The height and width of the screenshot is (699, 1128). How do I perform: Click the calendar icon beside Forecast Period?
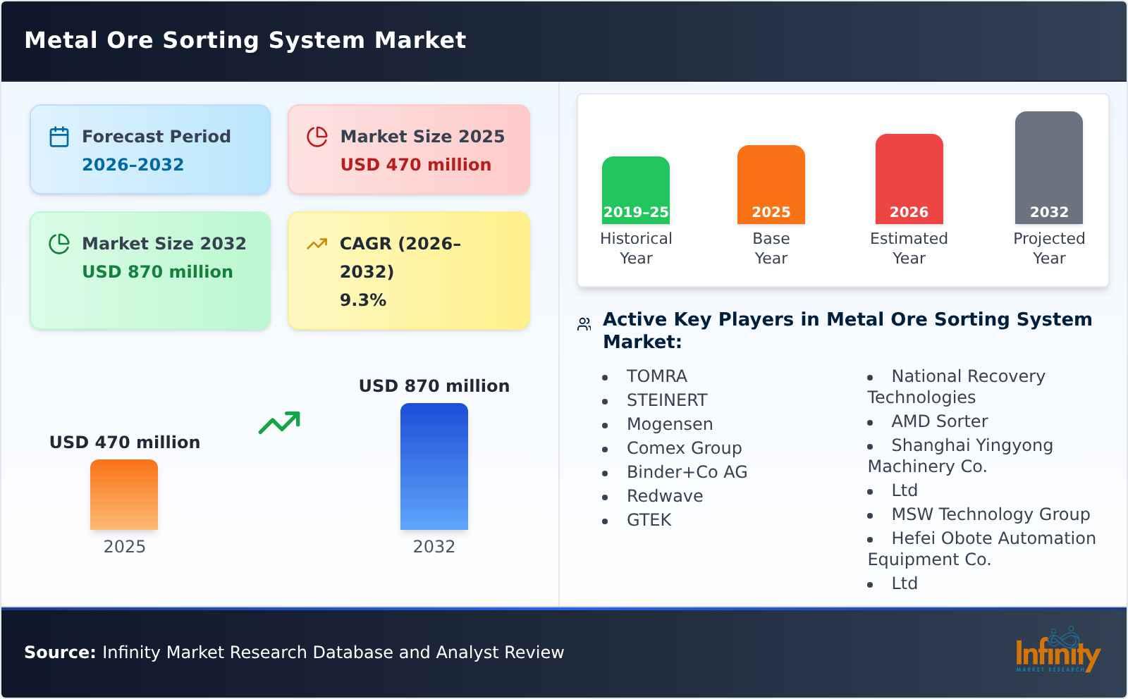[59, 137]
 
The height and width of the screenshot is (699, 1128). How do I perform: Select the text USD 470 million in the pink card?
[415, 165]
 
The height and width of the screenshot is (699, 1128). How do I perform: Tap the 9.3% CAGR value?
[362, 300]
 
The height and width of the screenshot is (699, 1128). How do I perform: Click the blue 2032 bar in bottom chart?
[434, 466]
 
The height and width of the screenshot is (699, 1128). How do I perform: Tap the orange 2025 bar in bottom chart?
[124, 495]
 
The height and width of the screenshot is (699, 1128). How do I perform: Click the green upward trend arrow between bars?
[279, 423]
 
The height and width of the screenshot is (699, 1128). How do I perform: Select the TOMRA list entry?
[656, 376]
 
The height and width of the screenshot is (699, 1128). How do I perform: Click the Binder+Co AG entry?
[687, 472]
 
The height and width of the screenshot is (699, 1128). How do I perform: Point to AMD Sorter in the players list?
[939, 421]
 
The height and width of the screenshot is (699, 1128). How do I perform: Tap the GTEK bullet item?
[649, 520]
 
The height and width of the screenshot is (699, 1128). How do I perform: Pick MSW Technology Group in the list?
[990, 514]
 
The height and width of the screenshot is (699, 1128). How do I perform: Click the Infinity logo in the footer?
[1057, 652]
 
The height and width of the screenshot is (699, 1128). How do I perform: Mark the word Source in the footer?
[59, 652]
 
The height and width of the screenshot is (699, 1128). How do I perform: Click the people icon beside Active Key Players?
[584, 324]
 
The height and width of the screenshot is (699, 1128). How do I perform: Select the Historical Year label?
[635, 248]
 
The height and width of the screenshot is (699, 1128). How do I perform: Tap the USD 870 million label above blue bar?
[434, 386]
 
